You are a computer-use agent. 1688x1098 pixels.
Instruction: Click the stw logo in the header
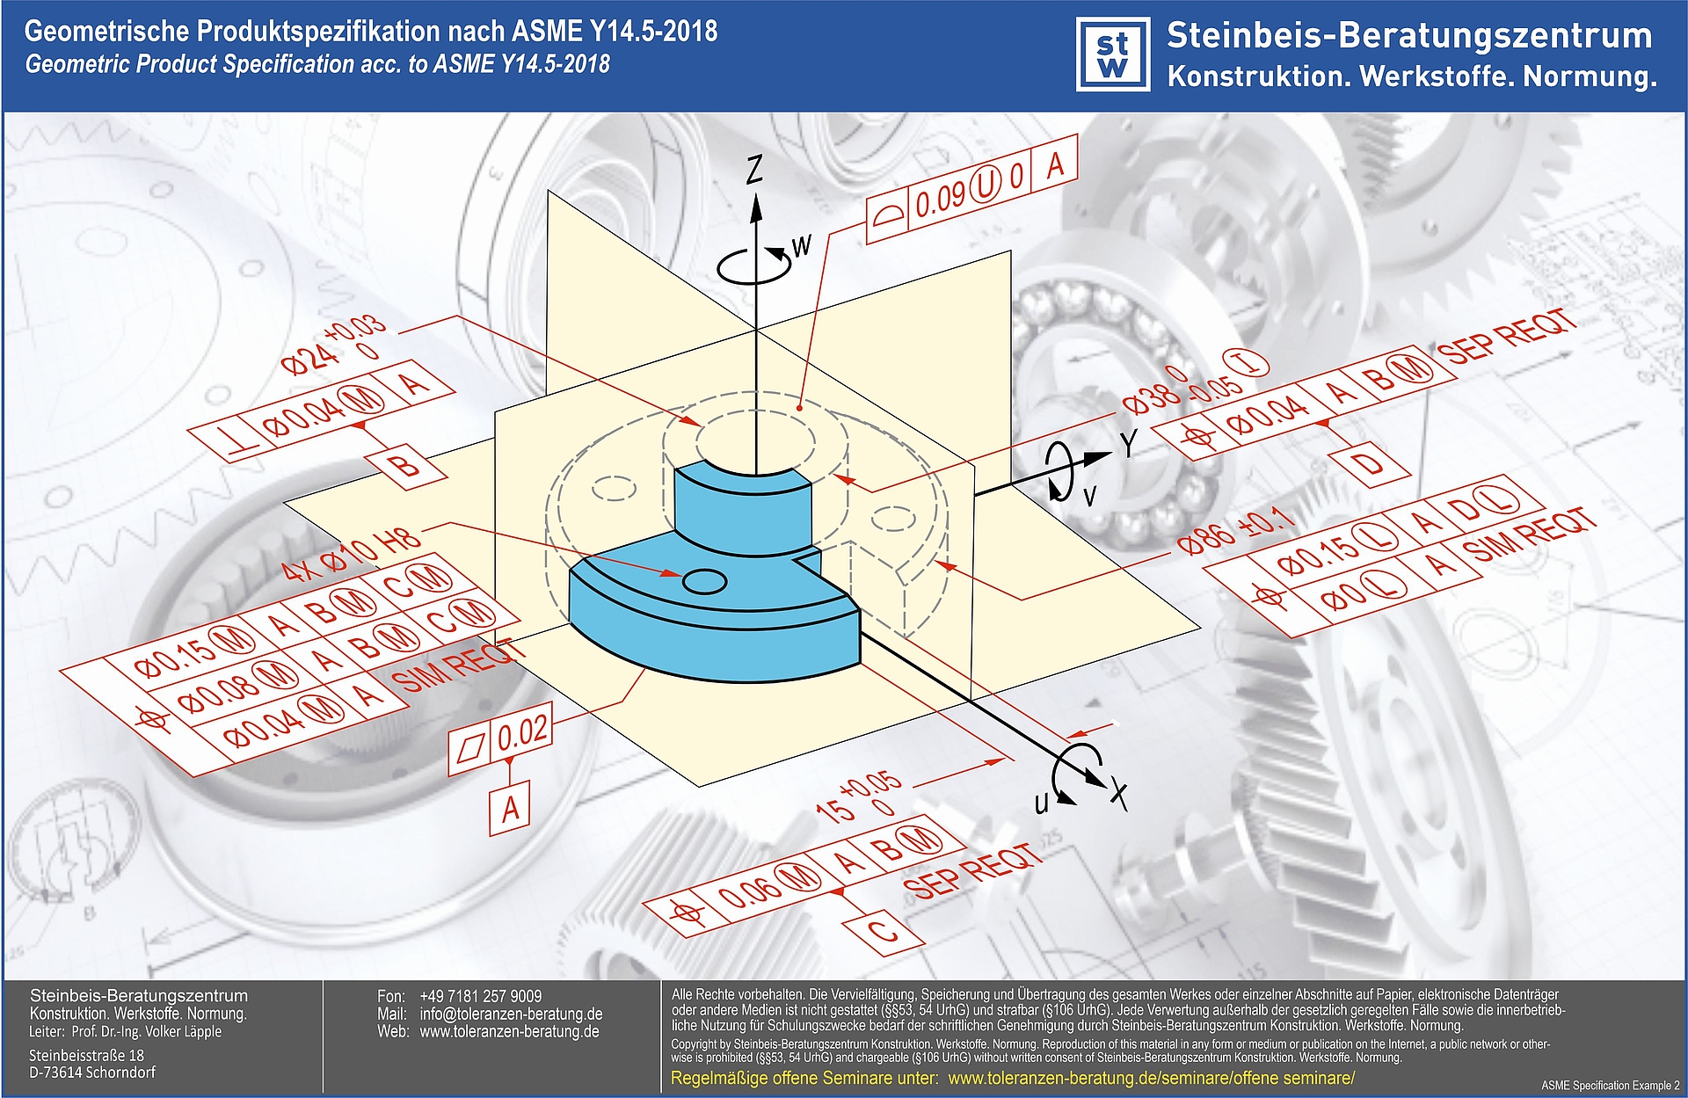pos(1113,55)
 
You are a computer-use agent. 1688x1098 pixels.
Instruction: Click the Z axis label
pos(754,169)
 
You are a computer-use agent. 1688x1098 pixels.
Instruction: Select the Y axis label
pos(1129,444)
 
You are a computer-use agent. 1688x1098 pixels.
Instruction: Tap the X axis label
pos(1117,793)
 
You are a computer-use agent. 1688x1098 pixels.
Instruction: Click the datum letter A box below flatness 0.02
pos(510,808)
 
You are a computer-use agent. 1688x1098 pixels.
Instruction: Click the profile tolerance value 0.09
pos(940,199)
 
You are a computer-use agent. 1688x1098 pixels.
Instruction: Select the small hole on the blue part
pos(704,581)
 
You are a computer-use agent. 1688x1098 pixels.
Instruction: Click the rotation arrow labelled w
pos(754,265)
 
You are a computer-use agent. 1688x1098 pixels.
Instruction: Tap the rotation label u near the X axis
pos(1042,802)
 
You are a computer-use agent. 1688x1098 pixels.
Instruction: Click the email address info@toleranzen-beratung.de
pos(511,1014)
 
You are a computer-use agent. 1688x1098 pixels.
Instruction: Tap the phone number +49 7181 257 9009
pos(480,996)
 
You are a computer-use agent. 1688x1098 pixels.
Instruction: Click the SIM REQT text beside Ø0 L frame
pos(1529,536)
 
